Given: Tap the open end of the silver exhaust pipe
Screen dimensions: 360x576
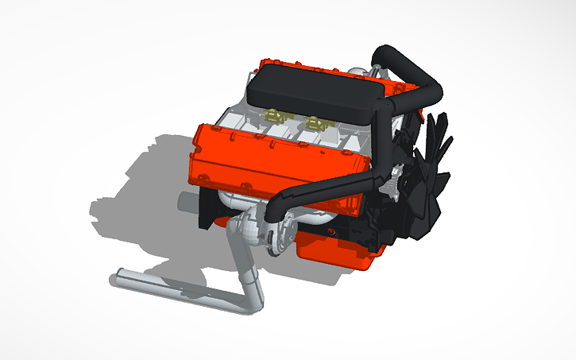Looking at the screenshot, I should point(113,279).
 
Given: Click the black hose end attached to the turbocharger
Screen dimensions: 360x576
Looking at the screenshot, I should point(275,215).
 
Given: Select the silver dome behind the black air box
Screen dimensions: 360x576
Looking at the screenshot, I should point(362,73).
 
